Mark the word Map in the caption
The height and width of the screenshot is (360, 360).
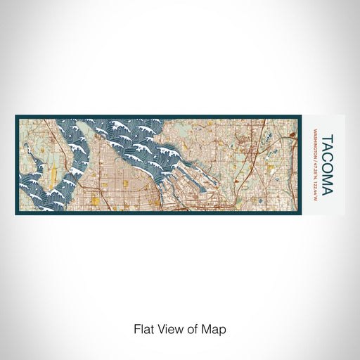214,328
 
